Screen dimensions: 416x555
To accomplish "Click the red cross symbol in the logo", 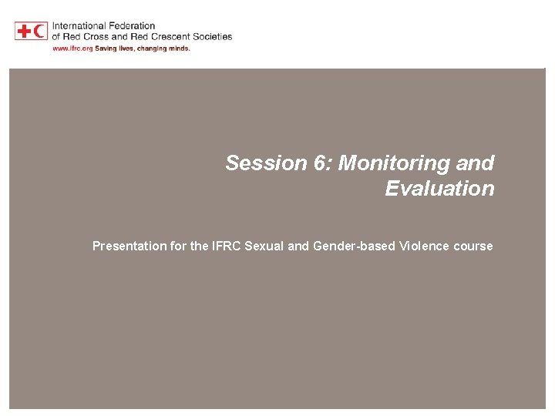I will pyautogui.click(x=24, y=31).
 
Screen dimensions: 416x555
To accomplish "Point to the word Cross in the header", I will pyautogui.click(x=96, y=36).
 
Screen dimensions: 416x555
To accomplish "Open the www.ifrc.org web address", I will pyautogui.click(x=72, y=48).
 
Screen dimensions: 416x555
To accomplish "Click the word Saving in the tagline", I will pyautogui.click(x=106, y=48).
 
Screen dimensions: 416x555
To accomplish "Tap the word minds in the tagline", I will pyautogui.click(x=177, y=48).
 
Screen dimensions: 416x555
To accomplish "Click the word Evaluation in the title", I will pyautogui.click(x=439, y=189).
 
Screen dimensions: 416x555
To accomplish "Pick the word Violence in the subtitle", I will pyautogui.click(x=422, y=247).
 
